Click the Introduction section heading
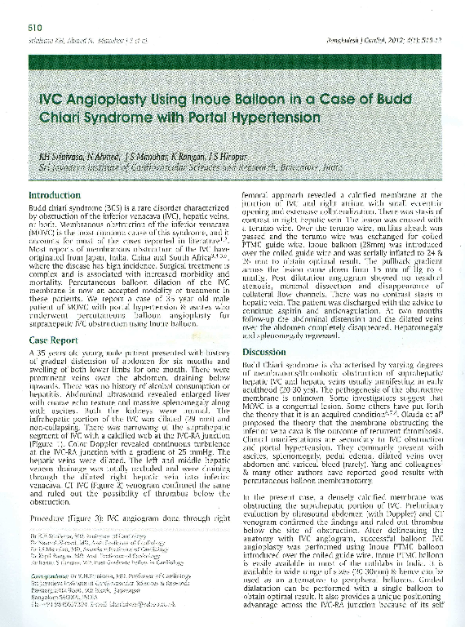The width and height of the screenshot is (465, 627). (x=54, y=197)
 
